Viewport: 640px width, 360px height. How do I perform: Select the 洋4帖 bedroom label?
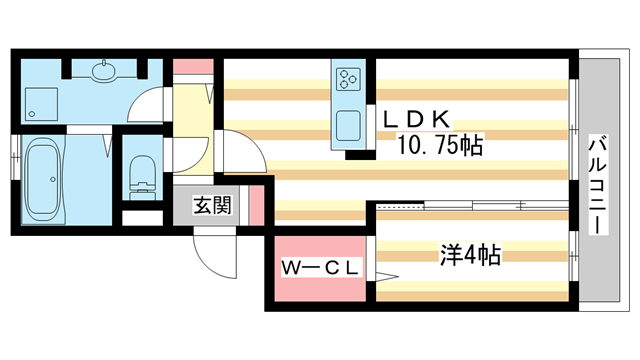click(470, 256)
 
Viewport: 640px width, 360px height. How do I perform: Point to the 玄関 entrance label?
click(212, 206)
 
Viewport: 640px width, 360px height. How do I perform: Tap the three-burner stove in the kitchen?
click(348, 78)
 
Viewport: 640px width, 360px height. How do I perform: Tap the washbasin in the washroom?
click(103, 72)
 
